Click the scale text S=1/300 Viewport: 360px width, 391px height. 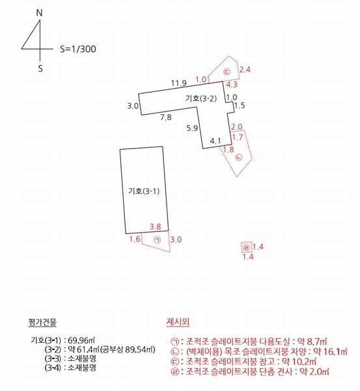click(x=78, y=48)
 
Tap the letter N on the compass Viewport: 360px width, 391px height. click(x=39, y=12)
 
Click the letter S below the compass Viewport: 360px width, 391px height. click(x=40, y=67)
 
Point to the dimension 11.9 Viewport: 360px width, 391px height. click(x=179, y=83)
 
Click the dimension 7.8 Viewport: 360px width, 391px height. click(x=166, y=117)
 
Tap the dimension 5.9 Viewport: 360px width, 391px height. click(x=191, y=128)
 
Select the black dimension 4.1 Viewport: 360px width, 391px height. click(x=215, y=140)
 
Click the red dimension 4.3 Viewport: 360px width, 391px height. click(x=231, y=84)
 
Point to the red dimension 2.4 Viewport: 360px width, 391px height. click(x=245, y=68)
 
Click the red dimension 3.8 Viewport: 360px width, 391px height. click(x=156, y=226)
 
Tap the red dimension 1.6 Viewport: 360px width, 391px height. click(x=135, y=240)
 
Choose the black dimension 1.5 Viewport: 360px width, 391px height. click(x=240, y=106)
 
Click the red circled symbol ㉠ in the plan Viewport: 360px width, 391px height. click(x=156, y=240)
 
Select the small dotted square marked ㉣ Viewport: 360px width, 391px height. click(x=245, y=248)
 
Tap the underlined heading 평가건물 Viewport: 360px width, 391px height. click(x=43, y=322)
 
